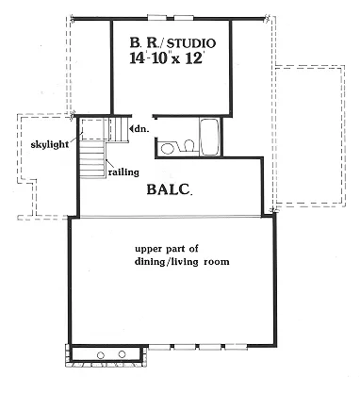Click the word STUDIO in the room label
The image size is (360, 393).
pos(193,43)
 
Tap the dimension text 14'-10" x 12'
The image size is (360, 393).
pos(166,58)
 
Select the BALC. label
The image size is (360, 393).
pos(170,189)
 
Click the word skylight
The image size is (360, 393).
pos(50,144)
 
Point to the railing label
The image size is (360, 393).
pos(123,172)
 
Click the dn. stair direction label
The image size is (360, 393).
pos(142,128)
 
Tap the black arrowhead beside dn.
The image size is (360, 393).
pos(131,129)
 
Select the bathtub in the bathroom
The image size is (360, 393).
pos(209,137)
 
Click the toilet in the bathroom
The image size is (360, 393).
pos(188,146)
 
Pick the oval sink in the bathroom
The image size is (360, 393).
pos(167,148)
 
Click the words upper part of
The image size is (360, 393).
pos(167,249)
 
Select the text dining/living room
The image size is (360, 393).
pos(182,262)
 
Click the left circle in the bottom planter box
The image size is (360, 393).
pos(101,355)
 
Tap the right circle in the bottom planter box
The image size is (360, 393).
pos(122,353)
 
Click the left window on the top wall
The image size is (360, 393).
pos(157,18)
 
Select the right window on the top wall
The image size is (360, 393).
pos(184,18)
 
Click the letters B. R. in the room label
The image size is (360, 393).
pos(147,43)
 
